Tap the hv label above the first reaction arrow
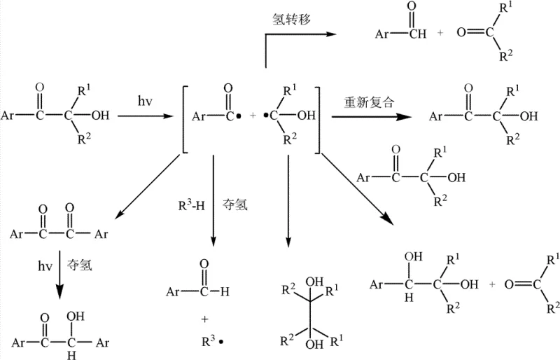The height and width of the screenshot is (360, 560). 146,102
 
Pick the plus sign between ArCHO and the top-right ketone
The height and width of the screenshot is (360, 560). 440,32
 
